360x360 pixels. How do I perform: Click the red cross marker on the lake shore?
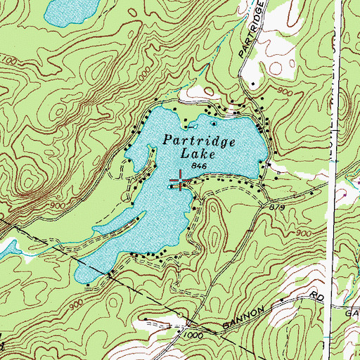(x=181, y=185)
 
